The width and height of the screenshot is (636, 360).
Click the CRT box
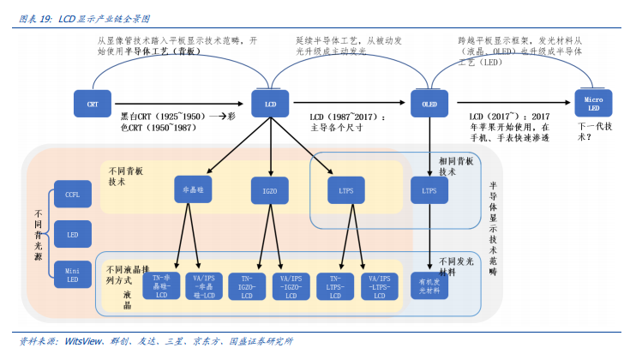[92, 104]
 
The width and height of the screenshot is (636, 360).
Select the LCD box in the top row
[269, 104]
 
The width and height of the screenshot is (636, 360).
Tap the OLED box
[429, 104]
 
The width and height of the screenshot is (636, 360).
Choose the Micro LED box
[593, 104]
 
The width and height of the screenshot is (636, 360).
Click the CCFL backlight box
[72, 195]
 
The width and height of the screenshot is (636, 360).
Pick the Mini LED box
[72, 274]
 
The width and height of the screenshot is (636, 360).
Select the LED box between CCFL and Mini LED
[72, 233]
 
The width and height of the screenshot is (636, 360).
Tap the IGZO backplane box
[269, 190]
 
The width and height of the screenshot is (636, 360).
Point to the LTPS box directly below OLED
[429, 189]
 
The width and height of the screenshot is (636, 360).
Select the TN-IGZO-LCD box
[246, 286]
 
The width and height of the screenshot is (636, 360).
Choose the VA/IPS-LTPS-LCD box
[377, 286]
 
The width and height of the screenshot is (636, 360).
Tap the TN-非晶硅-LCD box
[160, 286]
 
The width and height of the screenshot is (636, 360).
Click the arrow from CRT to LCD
[180, 104]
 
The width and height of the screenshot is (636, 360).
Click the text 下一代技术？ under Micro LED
[594, 130]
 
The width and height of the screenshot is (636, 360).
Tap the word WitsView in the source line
[84, 341]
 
